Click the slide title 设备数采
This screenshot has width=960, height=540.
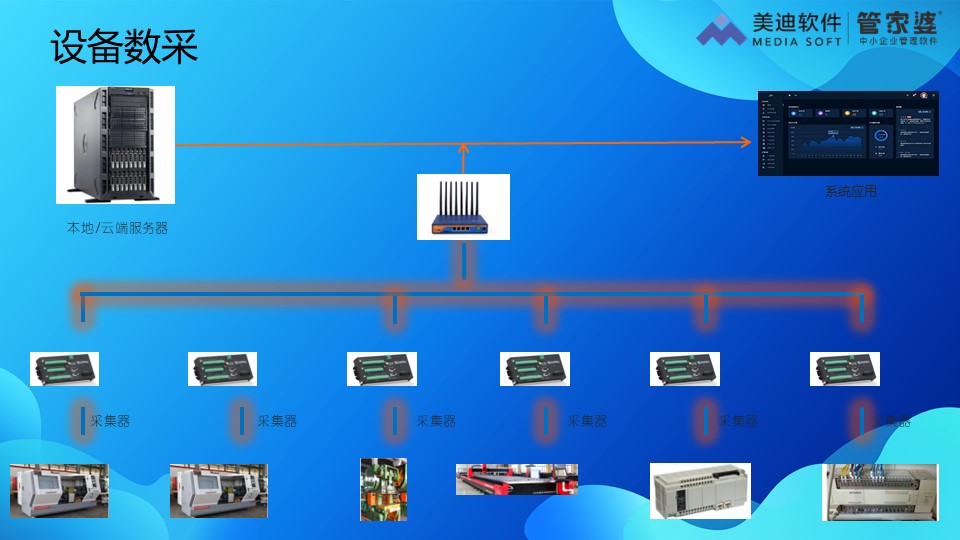click(x=124, y=48)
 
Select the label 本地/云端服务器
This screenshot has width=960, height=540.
click(x=117, y=228)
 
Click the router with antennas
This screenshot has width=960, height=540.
click(x=463, y=207)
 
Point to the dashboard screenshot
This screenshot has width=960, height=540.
click(x=848, y=133)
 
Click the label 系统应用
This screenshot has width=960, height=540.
click(x=850, y=191)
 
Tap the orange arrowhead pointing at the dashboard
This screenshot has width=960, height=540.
click(x=745, y=142)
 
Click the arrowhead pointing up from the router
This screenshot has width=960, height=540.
click(x=463, y=149)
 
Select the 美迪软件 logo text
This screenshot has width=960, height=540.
click(x=797, y=22)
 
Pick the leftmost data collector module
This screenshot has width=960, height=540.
click(x=64, y=369)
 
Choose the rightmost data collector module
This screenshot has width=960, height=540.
click(x=844, y=369)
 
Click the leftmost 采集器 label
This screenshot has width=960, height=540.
click(x=110, y=421)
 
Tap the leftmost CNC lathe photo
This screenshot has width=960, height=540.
click(x=58, y=491)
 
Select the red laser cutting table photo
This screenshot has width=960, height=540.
click(x=516, y=479)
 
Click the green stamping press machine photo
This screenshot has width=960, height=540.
click(x=383, y=489)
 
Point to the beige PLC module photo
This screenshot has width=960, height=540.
click(x=700, y=490)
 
